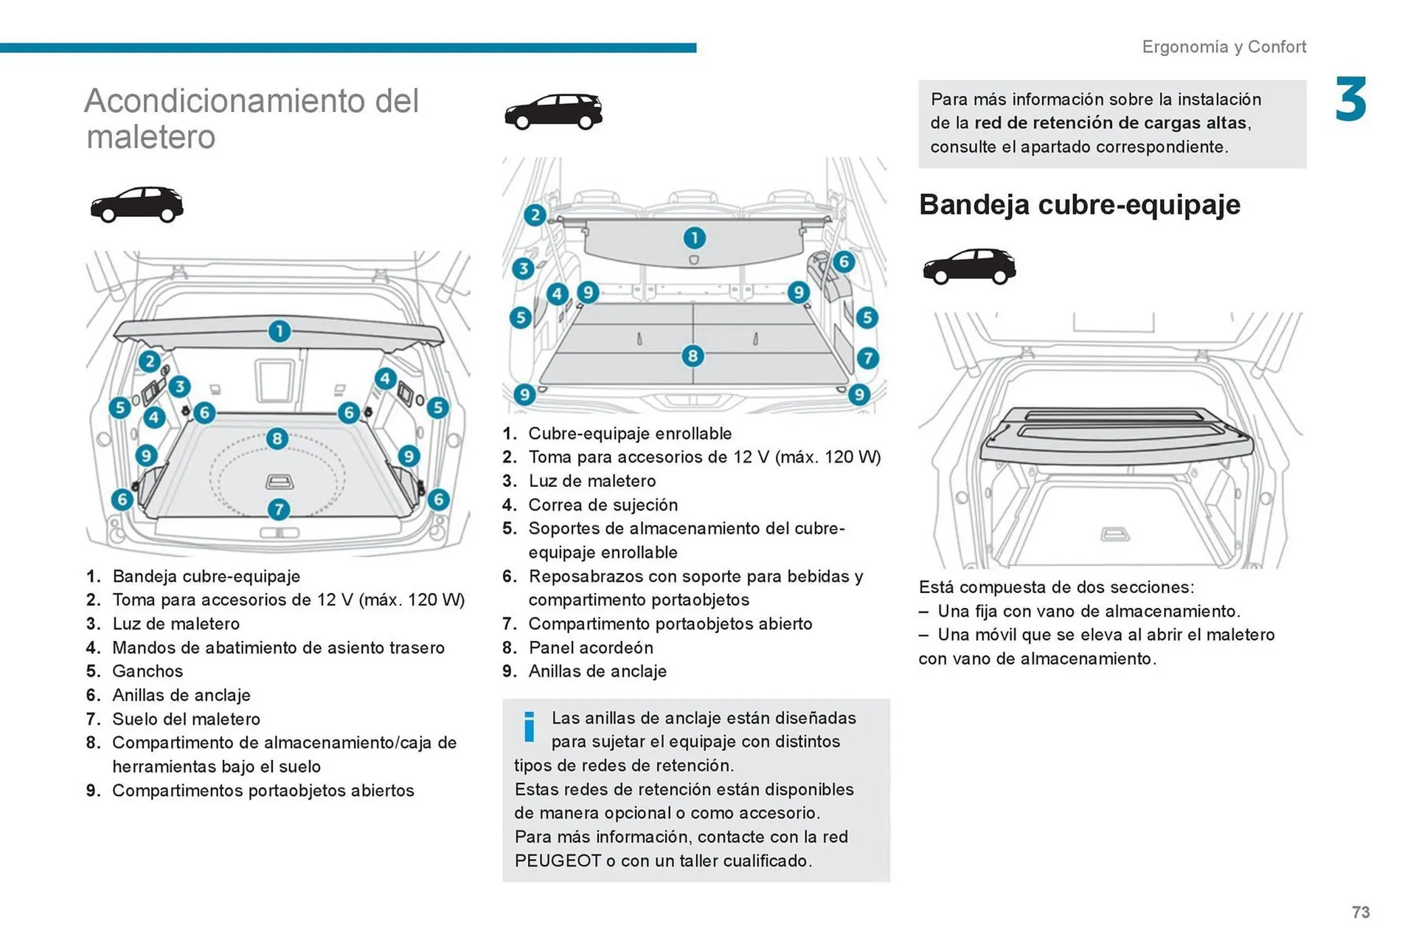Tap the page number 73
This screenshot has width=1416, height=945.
tap(1361, 912)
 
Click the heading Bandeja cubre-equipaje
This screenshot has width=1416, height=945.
tap(1079, 204)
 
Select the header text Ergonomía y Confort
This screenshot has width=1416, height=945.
tap(1224, 46)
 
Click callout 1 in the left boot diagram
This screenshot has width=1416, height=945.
tap(279, 331)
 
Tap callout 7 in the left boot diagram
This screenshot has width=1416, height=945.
tap(278, 509)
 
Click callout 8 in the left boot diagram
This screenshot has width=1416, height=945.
tap(277, 439)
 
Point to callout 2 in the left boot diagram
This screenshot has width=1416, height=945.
tap(150, 361)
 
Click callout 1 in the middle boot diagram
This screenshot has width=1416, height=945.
tap(694, 238)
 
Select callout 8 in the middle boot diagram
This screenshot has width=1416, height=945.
tap(692, 356)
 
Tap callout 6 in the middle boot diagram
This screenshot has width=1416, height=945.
tap(844, 262)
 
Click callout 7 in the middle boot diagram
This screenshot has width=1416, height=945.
tap(867, 359)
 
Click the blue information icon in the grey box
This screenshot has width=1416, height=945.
tap(529, 727)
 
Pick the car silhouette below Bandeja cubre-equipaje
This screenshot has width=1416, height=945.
tap(968, 266)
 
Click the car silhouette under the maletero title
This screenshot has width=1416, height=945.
tap(136, 204)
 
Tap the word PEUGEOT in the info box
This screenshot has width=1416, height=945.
tap(558, 861)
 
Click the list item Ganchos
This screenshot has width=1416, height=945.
tap(147, 671)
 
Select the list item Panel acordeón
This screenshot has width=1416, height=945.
tap(590, 648)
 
